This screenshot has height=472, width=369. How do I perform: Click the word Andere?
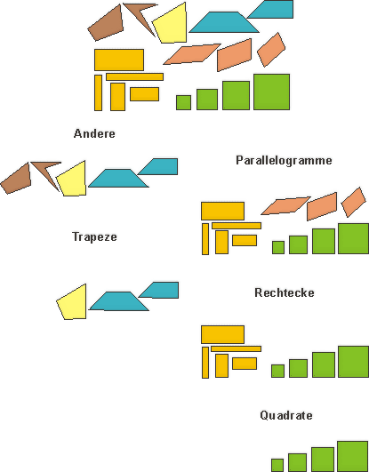pos(94,133)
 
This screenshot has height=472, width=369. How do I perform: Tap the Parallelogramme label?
pos(284,160)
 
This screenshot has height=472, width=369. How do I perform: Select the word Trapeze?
pos(94,237)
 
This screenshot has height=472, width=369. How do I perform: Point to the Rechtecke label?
pos(285,292)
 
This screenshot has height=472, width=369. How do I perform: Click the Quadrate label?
pos(286,415)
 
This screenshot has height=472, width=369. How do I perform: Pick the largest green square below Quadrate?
pos(352,457)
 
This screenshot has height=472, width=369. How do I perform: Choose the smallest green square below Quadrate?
pos(277,466)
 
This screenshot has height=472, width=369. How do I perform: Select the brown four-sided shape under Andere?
pos(17,179)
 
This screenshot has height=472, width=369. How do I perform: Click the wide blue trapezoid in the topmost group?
pos(224,22)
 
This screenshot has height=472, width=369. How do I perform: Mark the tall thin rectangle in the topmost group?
pos(98,92)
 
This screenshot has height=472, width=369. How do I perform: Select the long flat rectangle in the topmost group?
pos(134,76)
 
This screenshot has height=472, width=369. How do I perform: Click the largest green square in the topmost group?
pos(272,92)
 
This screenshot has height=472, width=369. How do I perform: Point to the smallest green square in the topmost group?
pos(183,102)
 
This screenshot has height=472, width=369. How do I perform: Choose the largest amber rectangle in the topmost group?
pos(119,60)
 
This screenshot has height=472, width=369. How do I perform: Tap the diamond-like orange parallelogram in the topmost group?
pos(271,50)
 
